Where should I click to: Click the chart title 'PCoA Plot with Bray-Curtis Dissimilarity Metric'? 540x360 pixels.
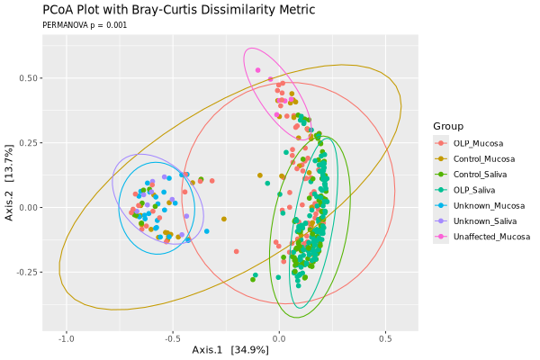[179, 10]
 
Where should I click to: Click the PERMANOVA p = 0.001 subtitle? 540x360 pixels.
[85, 25]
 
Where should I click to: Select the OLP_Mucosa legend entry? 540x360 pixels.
[478, 143]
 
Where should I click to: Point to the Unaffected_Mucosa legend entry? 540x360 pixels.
[490, 237]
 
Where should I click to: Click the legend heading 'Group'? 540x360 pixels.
[448, 125]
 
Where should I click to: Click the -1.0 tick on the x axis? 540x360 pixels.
[67, 338]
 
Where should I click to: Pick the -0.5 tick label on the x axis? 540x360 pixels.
[172, 338]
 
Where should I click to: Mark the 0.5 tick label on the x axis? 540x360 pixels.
[385, 338]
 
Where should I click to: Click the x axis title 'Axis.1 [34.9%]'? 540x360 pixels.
[230, 350]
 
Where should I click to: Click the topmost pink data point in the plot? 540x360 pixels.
[258, 70]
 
